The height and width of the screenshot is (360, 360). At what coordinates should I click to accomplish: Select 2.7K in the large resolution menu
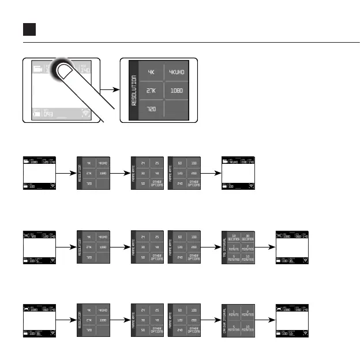point(151,91)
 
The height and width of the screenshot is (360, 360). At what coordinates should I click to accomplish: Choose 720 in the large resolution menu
point(151,108)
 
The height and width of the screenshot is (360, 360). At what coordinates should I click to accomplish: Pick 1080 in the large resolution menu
point(175,91)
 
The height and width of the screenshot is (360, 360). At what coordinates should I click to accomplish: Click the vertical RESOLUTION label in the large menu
point(133,91)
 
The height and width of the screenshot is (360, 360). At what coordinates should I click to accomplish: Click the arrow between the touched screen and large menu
point(108,90)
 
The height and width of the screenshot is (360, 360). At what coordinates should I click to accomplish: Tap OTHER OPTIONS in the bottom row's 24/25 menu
point(157,330)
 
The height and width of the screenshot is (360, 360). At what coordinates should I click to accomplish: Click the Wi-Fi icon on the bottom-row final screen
point(306,333)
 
